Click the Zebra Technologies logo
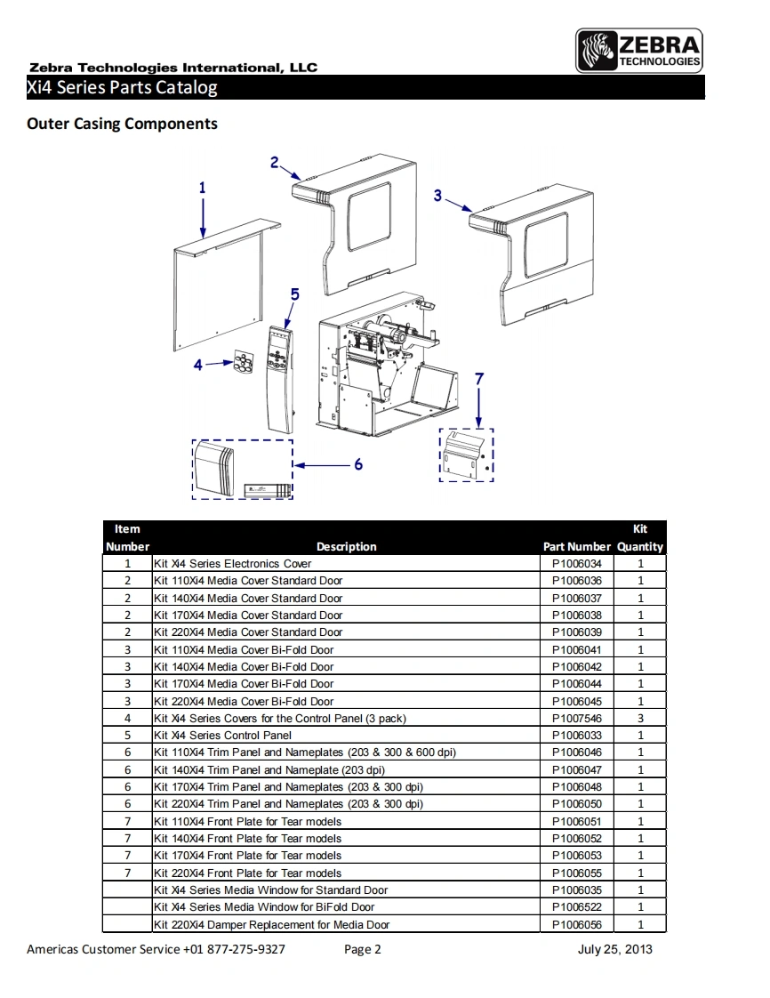click(x=639, y=51)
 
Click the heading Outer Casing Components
click(x=122, y=124)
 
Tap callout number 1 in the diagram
click(x=203, y=188)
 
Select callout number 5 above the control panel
click(x=294, y=294)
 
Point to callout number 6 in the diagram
click(x=357, y=464)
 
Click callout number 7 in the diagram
click(x=479, y=379)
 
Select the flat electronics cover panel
click(x=218, y=289)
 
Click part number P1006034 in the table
click(x=576, y=564)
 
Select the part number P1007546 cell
click(x=576, y=719)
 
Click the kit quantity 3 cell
click(x=640, y=719)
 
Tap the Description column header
click(x=346, y=547)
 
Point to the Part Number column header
click(x=576, y=547)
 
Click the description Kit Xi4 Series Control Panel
click(x=222, y=736)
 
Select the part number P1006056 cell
click(x=576, y=925)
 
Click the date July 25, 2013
click(x=614, y=949)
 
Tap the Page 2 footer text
click(x=362, y=949)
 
